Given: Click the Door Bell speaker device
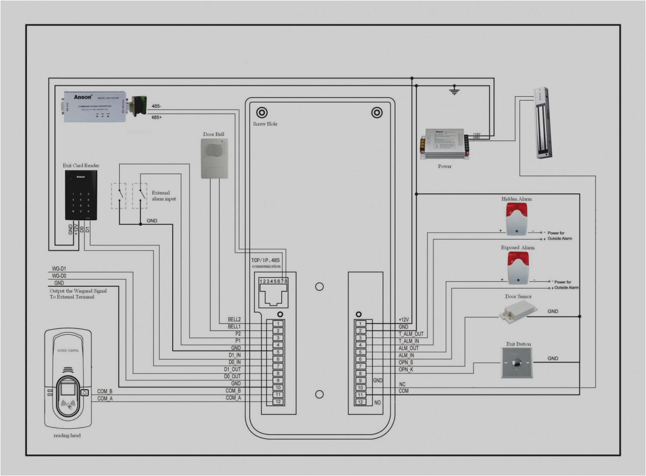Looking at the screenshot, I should click(x=215, y=158).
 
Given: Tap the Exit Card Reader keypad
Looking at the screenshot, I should click(x=81, y=195).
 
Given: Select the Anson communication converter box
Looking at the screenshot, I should click(x=94, y=106).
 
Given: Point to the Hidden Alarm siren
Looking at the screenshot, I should click(x=516, y=219).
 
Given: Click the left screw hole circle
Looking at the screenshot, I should click(x=262, y=113).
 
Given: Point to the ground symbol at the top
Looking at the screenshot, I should click(x=454, y=90).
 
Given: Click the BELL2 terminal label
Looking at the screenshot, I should click(x=234, y=319).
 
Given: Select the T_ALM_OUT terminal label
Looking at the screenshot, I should click(x=411, y=334).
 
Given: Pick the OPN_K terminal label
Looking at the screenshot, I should click(x=406, y=370).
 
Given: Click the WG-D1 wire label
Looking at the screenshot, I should click(x=59, y=269).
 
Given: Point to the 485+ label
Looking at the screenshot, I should click(x=157, y=117).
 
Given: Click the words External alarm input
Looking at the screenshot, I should click(x=163, y=196).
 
